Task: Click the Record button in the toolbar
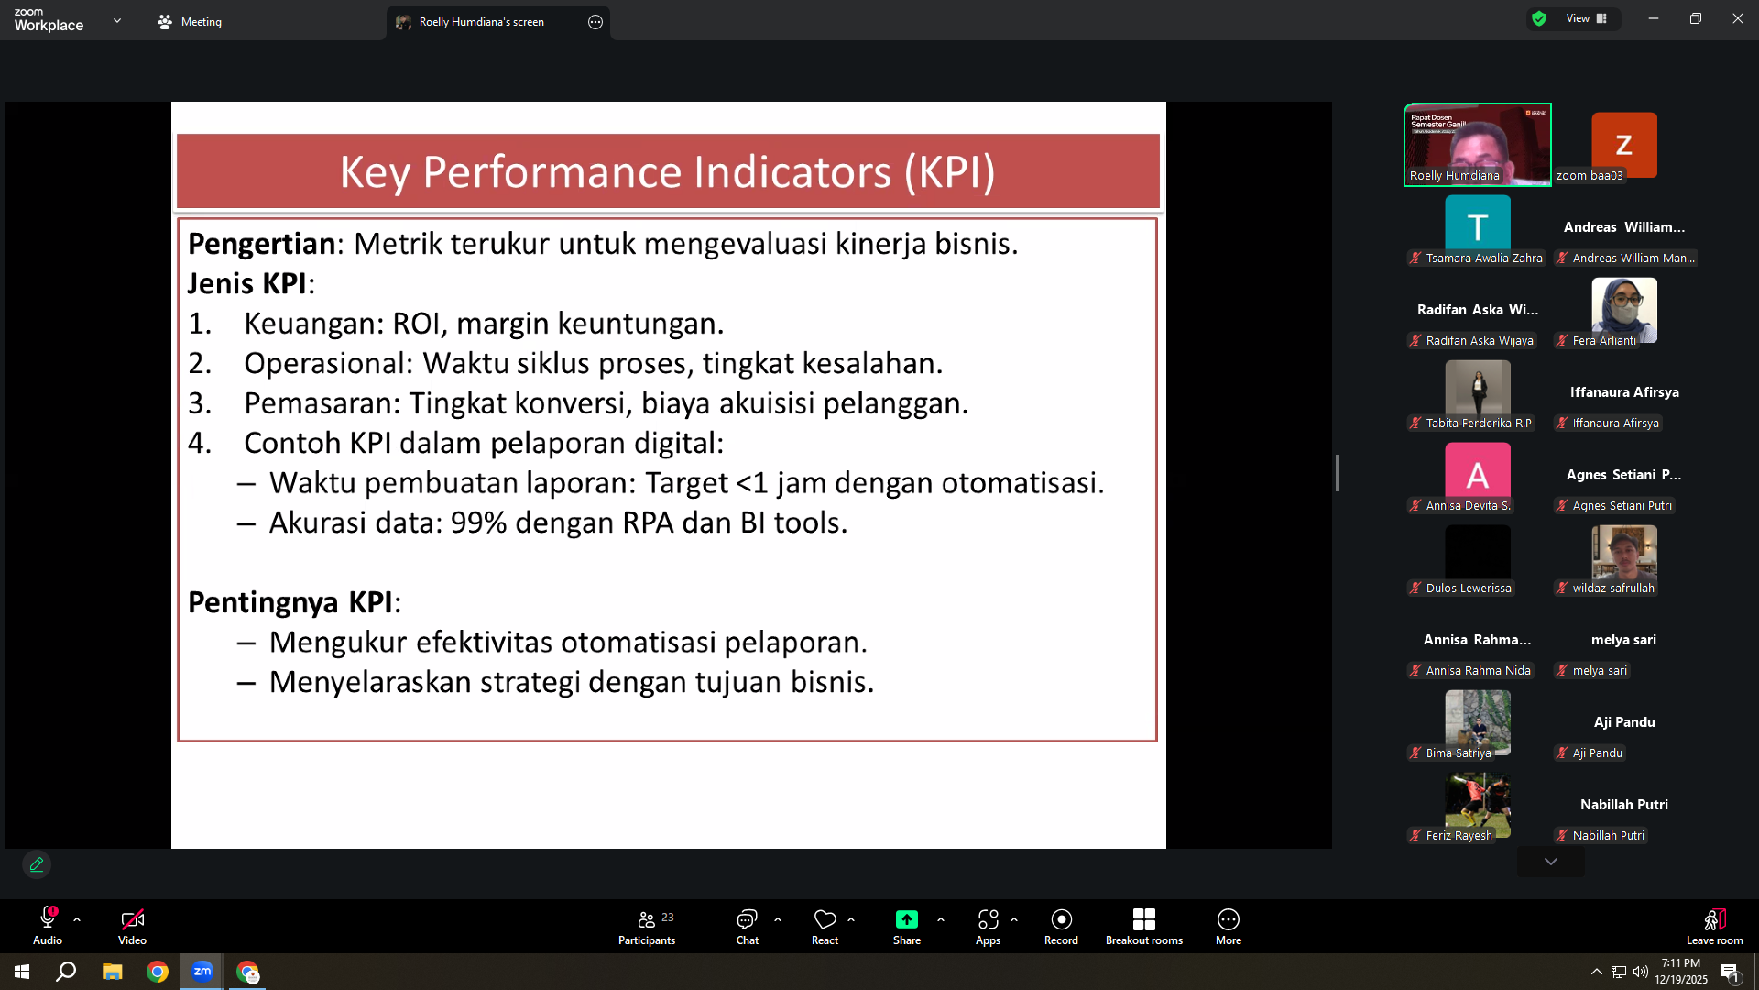[1061, 926]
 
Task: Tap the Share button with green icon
[906, 926]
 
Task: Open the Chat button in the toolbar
[747, 926]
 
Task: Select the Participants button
[647, 926]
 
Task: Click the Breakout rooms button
[1143, 926]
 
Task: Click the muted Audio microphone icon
[48, 918]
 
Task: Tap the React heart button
[825, 926]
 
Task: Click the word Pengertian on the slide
[261, 244]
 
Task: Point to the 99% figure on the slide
[478, 522]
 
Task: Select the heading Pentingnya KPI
[290, 602]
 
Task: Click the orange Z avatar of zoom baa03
[1624, 145]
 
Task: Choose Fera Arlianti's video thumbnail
[1624, 310]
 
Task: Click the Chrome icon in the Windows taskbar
[158, 972]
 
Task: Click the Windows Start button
[22, 972]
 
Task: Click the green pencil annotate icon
[37, 864]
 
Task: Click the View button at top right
[1586, 18]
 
